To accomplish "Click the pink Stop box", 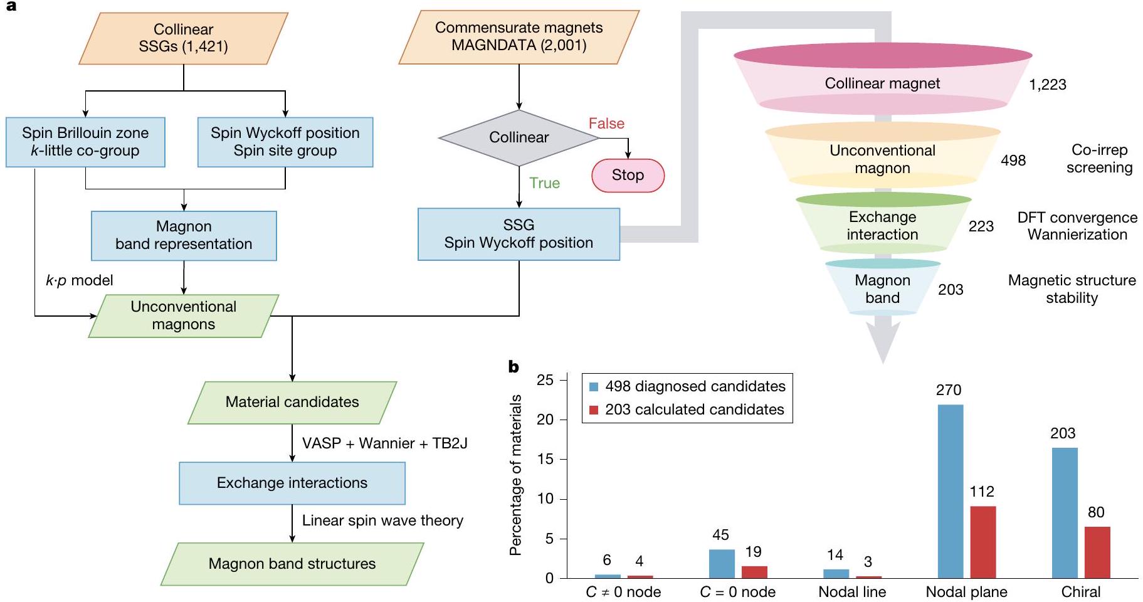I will pyautogui.click(x=628, y=175).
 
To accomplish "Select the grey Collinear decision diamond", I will pyautogui.click(x=519, y=137).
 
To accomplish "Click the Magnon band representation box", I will pyautogui.click(x=184, y=235).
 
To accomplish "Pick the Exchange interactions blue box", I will pyautogui.click(x=292, y=483).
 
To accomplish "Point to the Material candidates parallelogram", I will pyautogui.click(x=292, y=402).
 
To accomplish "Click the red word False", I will pyautogui.click(x=606, y=124).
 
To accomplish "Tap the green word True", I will pyautogui.click(x=544, y=183).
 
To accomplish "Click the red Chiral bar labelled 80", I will pyautogui.click(x=1097, y=552).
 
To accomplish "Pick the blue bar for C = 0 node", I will pyautogui.click(x=722, y=564).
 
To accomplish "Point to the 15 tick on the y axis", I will pyautogui.click(x=545, y=459).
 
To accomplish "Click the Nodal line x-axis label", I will pyautogui.click(x=852, y=592).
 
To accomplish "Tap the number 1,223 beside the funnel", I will pyautogui.click(x=1047, y=85).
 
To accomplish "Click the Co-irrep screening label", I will pyautogui.click(x=1099, y=159).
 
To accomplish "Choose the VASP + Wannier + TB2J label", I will pyautogui.click(x=384, y=443).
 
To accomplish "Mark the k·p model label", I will pyautogui.click(x=80, y=280).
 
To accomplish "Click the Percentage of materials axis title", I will pyautogui.click(x=515, y=475).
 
